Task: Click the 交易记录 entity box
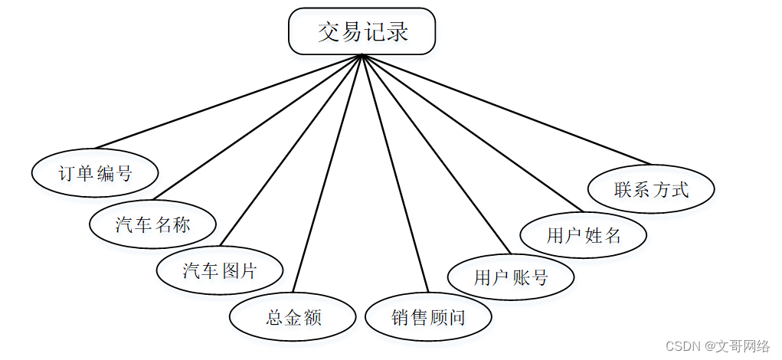click(362, 32)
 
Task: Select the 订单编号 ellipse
click(95, 172)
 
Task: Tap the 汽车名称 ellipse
click(152, 224)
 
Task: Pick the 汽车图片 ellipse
click(219, 270)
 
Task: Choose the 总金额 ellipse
click(293, 317)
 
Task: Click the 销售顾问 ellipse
click(428, 317)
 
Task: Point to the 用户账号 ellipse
click(511, 277)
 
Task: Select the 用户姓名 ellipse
click(584, 234)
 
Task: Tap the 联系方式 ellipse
click(651, 189)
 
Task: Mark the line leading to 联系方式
click(506, 109)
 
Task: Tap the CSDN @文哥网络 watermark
click(718, 346)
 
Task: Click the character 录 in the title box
click(397, 32)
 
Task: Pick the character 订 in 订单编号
click(67, 173)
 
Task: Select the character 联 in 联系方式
click(623, 189)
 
